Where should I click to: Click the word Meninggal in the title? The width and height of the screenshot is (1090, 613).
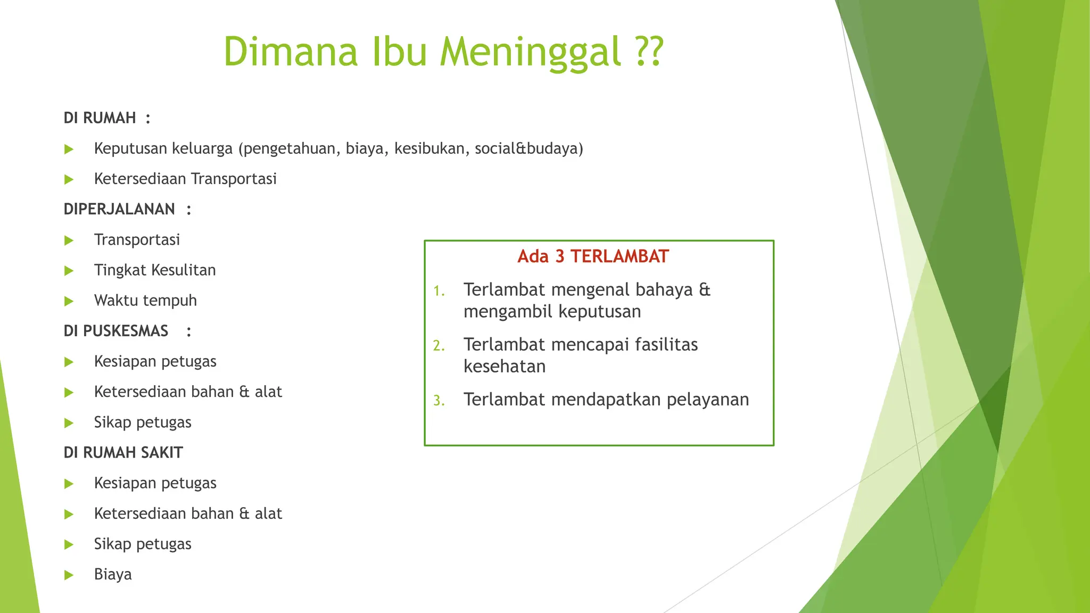(530, 52)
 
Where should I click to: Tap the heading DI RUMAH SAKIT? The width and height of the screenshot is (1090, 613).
(123, 453)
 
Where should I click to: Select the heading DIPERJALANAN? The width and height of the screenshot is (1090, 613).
(119, 209)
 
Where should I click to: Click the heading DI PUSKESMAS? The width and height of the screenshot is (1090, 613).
(116, 331)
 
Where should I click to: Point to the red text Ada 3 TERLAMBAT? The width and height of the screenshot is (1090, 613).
(593, 256)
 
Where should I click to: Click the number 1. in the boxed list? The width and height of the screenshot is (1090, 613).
(439, 291)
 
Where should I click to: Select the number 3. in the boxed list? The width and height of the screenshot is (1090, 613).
(439, 401)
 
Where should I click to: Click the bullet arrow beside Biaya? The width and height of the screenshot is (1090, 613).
(69, 575)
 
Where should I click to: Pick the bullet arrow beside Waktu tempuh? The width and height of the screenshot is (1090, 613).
(69, 301)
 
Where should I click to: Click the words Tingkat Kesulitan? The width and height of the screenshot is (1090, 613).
(155, 270)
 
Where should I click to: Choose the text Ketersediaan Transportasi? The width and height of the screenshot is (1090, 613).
(185, 179)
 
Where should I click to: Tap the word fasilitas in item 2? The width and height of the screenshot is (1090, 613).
(666, 345)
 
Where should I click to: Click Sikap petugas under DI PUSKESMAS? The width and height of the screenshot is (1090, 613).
(143, 423)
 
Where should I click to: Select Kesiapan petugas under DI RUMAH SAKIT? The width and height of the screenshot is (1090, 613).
(155, 483)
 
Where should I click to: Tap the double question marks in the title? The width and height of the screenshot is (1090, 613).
(649, 52)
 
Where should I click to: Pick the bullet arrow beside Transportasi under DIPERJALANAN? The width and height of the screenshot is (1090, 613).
(69, 241)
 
